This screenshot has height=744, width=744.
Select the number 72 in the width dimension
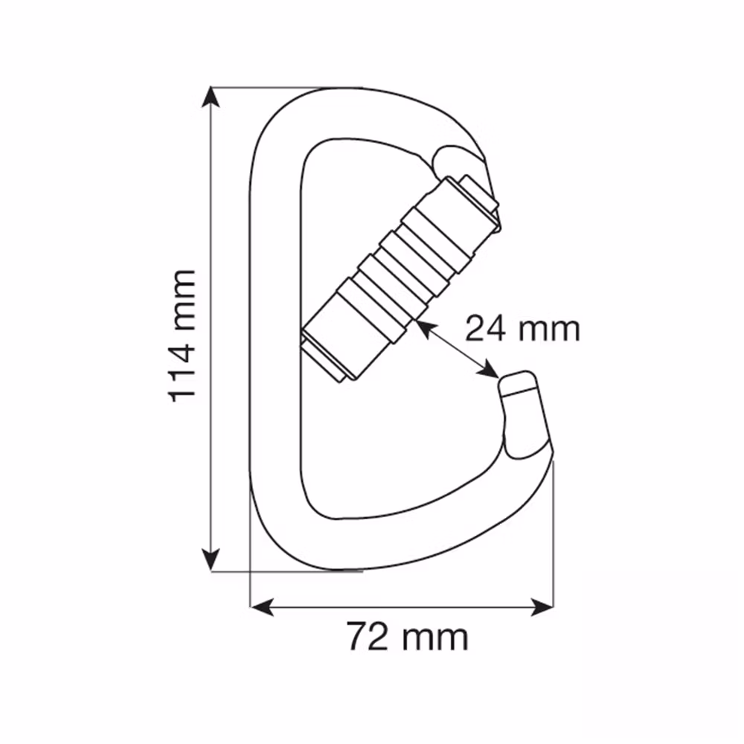point(368,637)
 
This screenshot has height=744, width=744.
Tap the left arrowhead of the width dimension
point(261,607)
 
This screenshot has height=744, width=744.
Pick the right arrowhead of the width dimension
point(542,607)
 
